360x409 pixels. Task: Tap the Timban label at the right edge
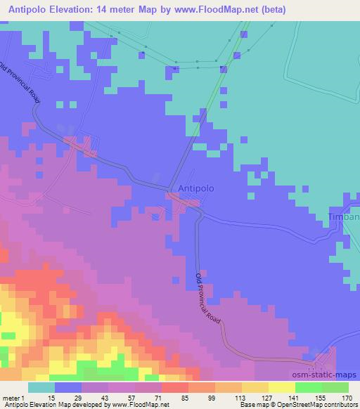point(344,217)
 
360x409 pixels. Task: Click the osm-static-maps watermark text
point(331,376)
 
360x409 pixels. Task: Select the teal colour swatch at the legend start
point(41,387)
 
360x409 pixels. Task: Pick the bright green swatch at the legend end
point(335,387)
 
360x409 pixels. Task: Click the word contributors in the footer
point(340,405)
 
